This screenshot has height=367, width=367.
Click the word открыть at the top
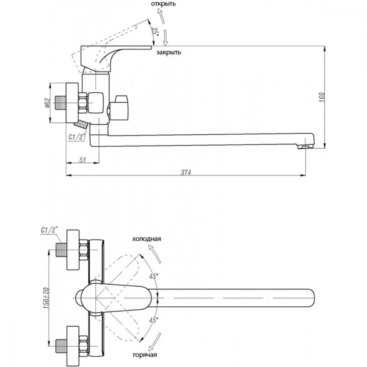(x=163, y=4)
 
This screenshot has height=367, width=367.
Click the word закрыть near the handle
(x=168, y=52)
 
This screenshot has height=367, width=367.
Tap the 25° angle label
(x=155, y=32)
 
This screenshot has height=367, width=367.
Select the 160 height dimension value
(x=322, y=97)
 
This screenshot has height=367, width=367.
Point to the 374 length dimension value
(x=186, y=172)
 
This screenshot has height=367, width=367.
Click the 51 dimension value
(x=83, y=160)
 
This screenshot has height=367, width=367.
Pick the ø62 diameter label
(x=47, y=103)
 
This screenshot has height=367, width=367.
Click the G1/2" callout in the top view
(x=49, y=230)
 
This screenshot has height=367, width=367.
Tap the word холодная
(x=146, y=239)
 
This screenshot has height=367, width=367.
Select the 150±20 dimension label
(x=46, y=298)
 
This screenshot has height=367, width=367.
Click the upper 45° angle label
(x=154, y=276)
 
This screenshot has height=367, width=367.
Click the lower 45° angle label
(x=153, y=320)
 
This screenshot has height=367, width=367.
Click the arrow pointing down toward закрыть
(x=165, y=38)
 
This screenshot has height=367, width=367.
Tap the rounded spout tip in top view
(x=312, y=298)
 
